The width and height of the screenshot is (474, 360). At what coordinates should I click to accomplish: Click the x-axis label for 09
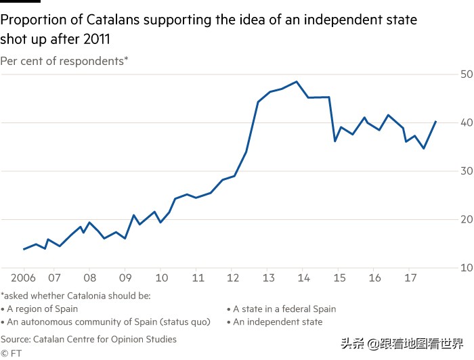coord(125,278)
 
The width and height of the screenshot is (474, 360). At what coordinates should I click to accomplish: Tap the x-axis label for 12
coord(232,278)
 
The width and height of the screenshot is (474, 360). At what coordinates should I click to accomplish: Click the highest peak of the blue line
coord(297,82)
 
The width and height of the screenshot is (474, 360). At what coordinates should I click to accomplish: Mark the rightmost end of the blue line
coord(435,122)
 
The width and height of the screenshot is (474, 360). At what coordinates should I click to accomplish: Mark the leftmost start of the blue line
coord(24,249)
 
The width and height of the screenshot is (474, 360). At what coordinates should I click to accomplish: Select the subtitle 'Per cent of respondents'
coord(64,61)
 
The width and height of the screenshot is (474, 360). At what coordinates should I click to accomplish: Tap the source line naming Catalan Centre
coord(88,339)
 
